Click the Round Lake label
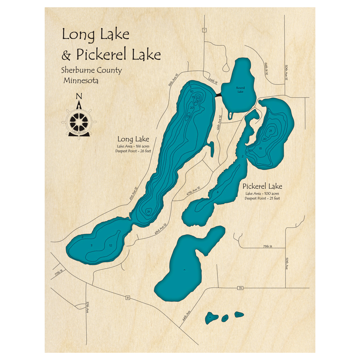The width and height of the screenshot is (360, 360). tap(240, 90)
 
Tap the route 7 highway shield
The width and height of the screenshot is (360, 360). tap(204, 30)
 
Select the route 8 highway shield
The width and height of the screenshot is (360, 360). tap(127, 297)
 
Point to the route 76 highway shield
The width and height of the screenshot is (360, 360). tap(240, 288)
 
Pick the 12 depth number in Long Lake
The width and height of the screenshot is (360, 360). tap(111, 246)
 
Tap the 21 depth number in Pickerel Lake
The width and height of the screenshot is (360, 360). tap(270, 130)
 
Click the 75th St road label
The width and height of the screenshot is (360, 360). tap(267, 246)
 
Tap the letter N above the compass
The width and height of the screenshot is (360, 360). tap(78, 96)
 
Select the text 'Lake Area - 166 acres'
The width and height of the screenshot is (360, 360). tap(133, 146)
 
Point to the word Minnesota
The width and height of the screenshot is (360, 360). tap(81, 81)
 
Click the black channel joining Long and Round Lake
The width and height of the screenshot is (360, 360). tap(218, 94)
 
